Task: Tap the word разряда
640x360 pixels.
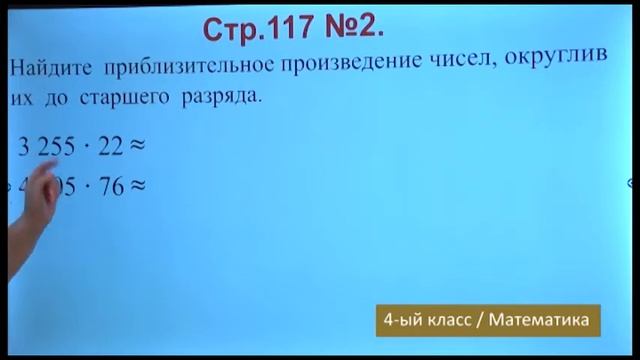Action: pos(232,98)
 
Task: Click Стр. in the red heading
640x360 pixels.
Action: pos(240,29)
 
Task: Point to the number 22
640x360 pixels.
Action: pos(110,147)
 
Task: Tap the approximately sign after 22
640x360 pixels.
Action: pos(138,147)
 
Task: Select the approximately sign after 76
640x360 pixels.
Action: pos(138,186)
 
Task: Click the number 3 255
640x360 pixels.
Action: pos(47,147)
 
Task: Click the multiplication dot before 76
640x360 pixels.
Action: pos(88,187)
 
